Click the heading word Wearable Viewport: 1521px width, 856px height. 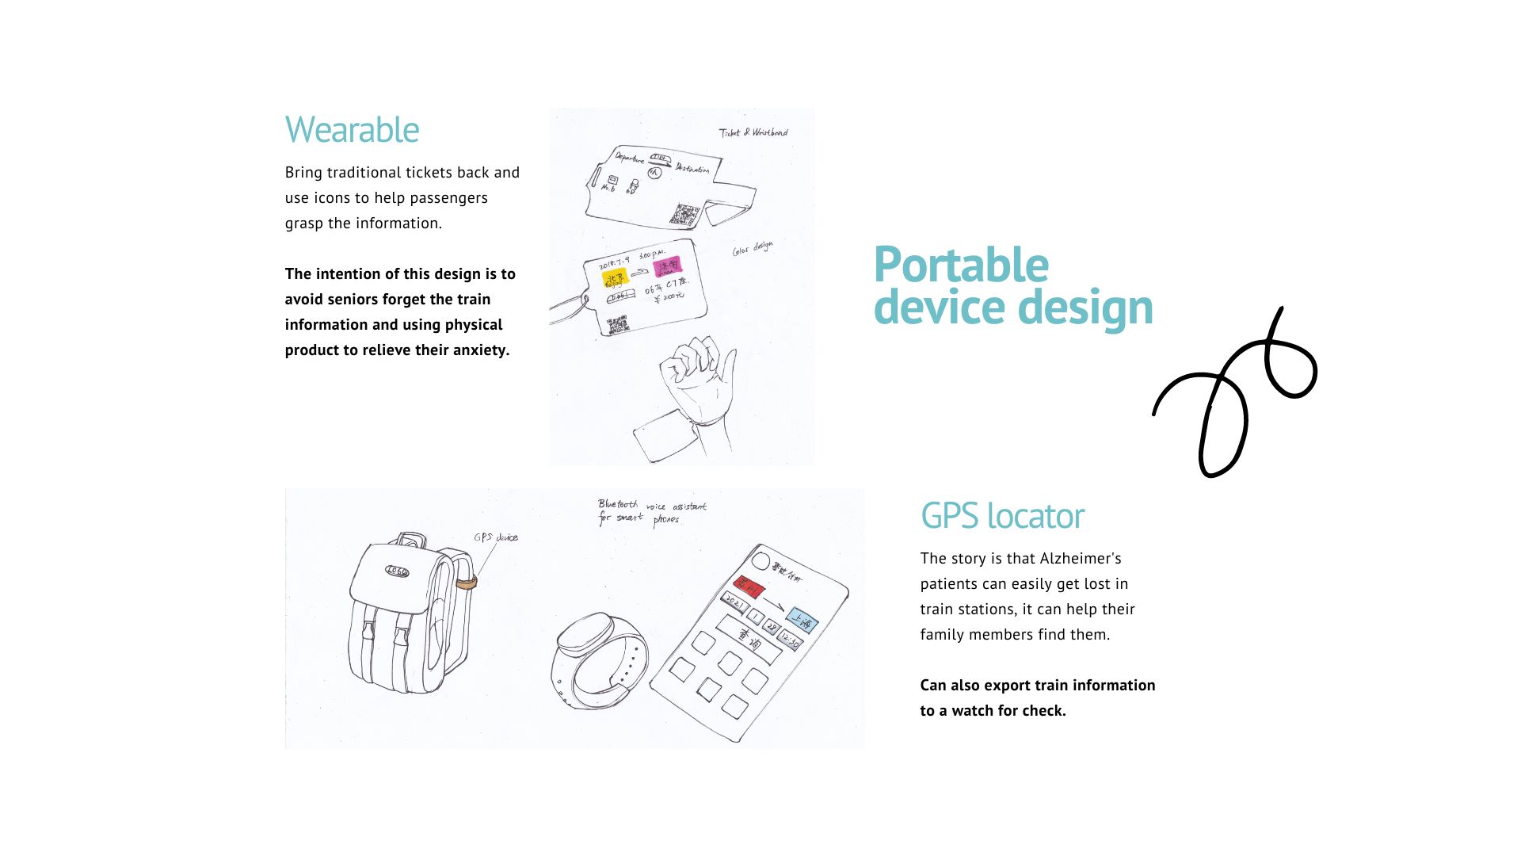coord(352,130)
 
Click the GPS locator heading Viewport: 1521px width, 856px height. coord(1001,516)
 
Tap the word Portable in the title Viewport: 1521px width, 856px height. coord(960,265)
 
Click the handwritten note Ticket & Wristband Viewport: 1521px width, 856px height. coord(753,132)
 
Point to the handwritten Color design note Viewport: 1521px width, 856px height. coord(752,249)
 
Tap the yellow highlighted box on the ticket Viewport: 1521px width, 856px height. coord(616,277)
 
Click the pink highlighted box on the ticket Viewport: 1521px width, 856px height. coord(667,266)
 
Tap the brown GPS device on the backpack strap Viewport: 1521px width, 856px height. coord(466,583)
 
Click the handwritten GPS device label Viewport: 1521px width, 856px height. coord(496,537)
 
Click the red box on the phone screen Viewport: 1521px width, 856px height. coord(749,587)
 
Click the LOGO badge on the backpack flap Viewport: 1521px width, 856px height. coord(397,571)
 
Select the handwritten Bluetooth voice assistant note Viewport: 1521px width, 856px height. coord(651,512)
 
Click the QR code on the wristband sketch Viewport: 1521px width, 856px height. coord(683,214)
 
